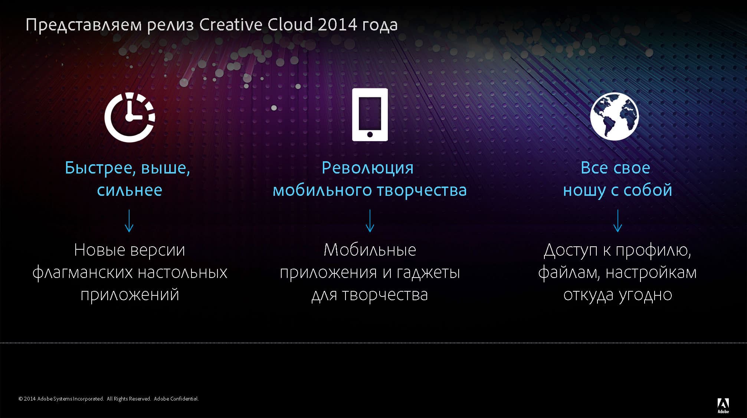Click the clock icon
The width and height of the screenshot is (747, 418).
(x=130, y=117)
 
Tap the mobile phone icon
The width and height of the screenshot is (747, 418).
(x=370, y=114)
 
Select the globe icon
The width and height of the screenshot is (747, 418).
(x=615, y=116)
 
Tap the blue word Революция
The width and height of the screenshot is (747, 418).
(x=367, y=168)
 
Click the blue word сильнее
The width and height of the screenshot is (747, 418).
(x=130, y=190)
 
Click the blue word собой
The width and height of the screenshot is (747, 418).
(x=648, y=190)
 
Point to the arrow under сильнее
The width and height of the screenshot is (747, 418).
(x=129, y=221)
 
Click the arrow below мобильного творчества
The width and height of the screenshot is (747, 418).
(x=370, y=221)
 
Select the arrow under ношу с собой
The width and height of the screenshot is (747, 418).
(x=618, y=221)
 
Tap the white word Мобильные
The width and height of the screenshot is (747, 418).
(x=370, y=250)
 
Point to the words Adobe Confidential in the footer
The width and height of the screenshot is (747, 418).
(x=176, y=399)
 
